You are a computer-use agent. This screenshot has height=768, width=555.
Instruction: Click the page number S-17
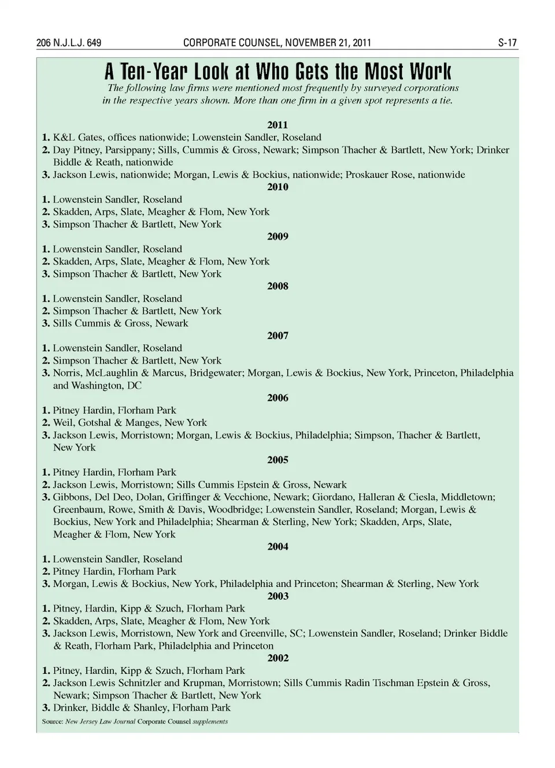pos(507,43)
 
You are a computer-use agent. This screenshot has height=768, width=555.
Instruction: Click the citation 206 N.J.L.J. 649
pos(69,43)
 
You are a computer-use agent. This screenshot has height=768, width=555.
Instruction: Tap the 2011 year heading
pos(277,125)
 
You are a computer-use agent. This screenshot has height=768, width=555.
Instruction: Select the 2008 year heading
pos(277,286)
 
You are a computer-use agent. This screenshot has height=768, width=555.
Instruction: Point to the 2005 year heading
pos(277,460)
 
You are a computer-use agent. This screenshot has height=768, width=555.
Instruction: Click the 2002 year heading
pos(277,658)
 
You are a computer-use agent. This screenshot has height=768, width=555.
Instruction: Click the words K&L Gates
pos(77,138)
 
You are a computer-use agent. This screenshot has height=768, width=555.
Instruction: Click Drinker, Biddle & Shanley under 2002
pos(112,708)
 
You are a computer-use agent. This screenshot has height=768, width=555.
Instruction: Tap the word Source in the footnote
pos(51,722)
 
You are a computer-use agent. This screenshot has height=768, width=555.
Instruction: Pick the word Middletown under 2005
pos(469,497)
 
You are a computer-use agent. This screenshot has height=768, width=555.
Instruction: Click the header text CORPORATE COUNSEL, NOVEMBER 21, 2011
pos(277,43)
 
